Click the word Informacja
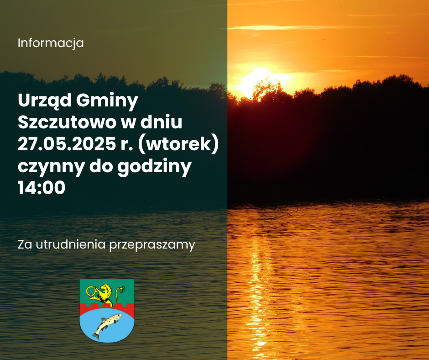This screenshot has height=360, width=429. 51,43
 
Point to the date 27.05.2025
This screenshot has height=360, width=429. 67,144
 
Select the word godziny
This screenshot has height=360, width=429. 154,166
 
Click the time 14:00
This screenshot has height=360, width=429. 42,188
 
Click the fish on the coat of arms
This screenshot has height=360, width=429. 107,325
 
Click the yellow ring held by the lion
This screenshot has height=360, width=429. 91,291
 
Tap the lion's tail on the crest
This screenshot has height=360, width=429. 119,295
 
